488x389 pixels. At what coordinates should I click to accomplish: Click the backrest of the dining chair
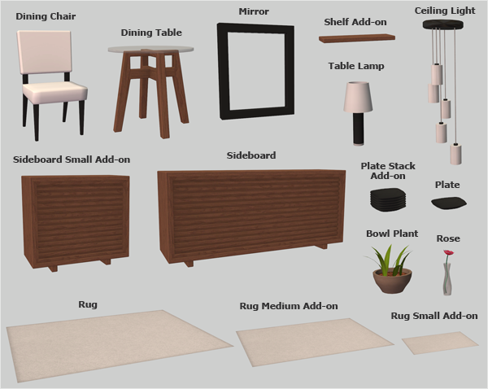(44, 52)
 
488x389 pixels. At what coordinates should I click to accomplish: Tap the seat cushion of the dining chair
(54, 92)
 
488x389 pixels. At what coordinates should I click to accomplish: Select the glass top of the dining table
(151, 49)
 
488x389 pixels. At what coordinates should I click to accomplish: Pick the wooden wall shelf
(357, 38)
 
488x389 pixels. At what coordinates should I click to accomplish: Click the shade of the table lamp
(358, 97)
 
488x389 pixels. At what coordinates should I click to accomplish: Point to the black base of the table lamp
(358, 129)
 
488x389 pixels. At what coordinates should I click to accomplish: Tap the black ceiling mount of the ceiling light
(443, 24)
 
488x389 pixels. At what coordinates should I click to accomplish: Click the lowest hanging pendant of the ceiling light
(455, 154)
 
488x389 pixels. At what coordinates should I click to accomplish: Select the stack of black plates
(388, 199)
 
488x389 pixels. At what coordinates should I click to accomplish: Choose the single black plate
(449, 203)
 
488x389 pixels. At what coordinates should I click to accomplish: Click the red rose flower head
(448, 252)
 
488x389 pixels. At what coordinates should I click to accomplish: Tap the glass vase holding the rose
(447, 279)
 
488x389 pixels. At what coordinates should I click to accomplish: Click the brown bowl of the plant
(393, 281)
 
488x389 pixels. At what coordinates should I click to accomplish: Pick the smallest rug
(440, 343)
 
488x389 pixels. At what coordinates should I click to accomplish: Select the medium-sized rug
(314, 342)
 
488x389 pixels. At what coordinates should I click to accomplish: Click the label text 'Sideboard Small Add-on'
(72, 160)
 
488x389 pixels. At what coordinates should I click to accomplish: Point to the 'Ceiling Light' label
(445, 11)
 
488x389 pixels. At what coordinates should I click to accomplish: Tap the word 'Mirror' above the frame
(254, 11)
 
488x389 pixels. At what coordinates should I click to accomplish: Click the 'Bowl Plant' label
(392, 234)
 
